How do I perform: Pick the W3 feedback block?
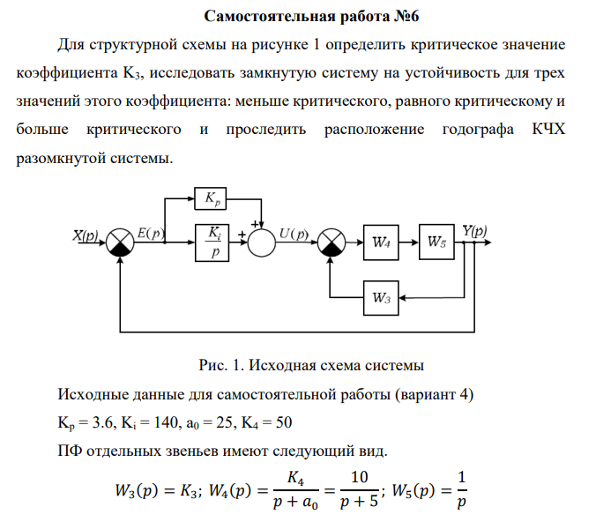[381, 296]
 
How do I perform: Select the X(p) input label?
[85, 234]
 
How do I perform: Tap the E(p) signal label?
[152, 234]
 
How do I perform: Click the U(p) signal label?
[294, 234]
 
